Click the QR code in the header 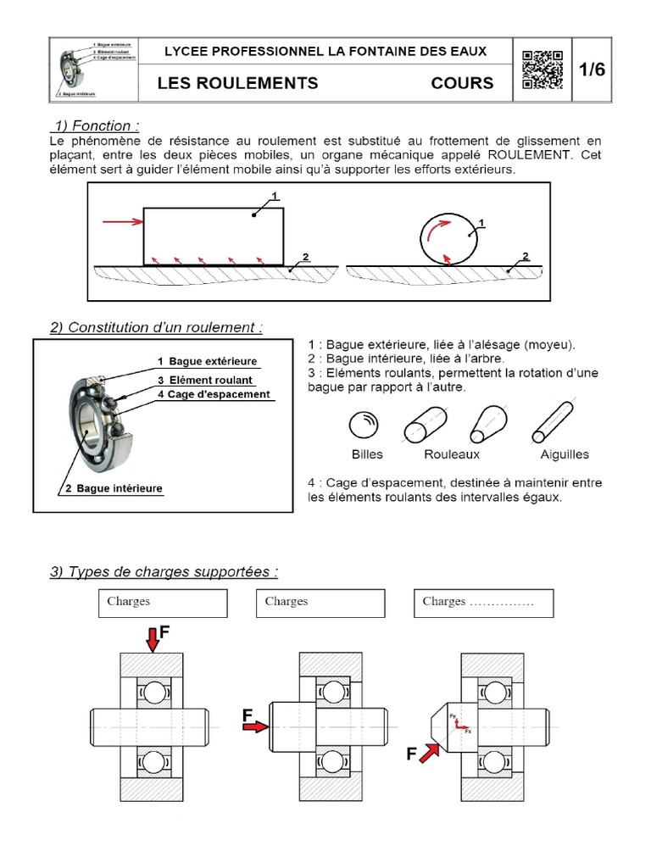click(x=542, y=70)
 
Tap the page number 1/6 click(x=593, y=70)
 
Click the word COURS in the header click(x=462, y=83)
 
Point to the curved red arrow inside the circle click(x=437, y=230)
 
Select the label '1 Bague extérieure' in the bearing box click(x=207, y=362)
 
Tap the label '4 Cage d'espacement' click(x=214, y=394)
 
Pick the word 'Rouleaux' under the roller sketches click(x=452, y=454)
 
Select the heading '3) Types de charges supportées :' click(x=164, y=572)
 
